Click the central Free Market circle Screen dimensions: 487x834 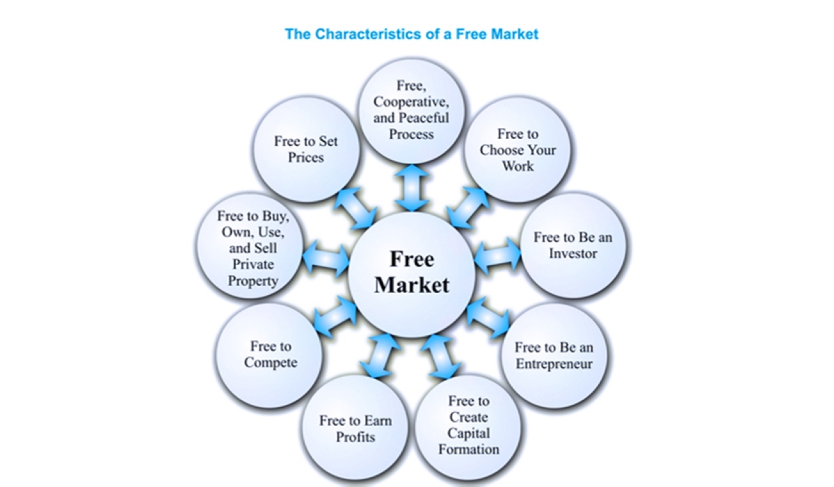tap(412, 273)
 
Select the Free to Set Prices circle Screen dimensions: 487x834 tap(306, 149)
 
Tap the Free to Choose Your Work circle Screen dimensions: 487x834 tap(517, 150)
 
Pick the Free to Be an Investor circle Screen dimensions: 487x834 tap(572, 245)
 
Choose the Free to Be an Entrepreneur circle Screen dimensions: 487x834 tap(554, 355)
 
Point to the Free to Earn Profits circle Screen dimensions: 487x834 tap(355, 429)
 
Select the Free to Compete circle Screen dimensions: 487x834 tap(270, 354)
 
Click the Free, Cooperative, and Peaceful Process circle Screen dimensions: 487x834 tap(411, 110)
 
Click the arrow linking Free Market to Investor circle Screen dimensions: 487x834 tap(497, 255)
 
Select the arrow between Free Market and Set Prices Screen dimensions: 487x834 tap(354, 207)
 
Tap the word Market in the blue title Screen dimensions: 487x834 tap(513, 33)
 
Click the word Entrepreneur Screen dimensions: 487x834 tap(554, 363)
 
